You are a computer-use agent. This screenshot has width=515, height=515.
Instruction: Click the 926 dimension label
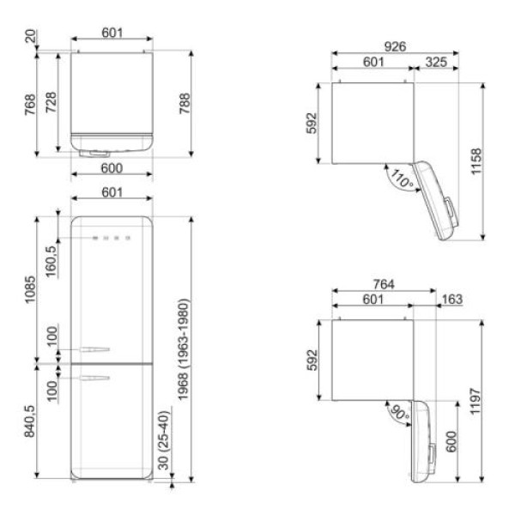point(395,46)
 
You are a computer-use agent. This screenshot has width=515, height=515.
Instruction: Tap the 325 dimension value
point(436,62)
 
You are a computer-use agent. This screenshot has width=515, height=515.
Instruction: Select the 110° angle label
point(402,179)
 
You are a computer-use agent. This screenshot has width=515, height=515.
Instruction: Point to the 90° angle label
point(399,413)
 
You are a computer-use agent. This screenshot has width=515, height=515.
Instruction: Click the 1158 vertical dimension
point(476,161)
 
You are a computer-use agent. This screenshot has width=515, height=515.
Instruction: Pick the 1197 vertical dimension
point(476,402)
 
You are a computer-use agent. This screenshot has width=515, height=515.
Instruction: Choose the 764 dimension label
point(384,284)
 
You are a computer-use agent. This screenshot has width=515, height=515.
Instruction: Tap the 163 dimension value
point(452,300)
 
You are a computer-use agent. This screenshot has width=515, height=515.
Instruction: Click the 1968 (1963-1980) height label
point(184,349)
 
